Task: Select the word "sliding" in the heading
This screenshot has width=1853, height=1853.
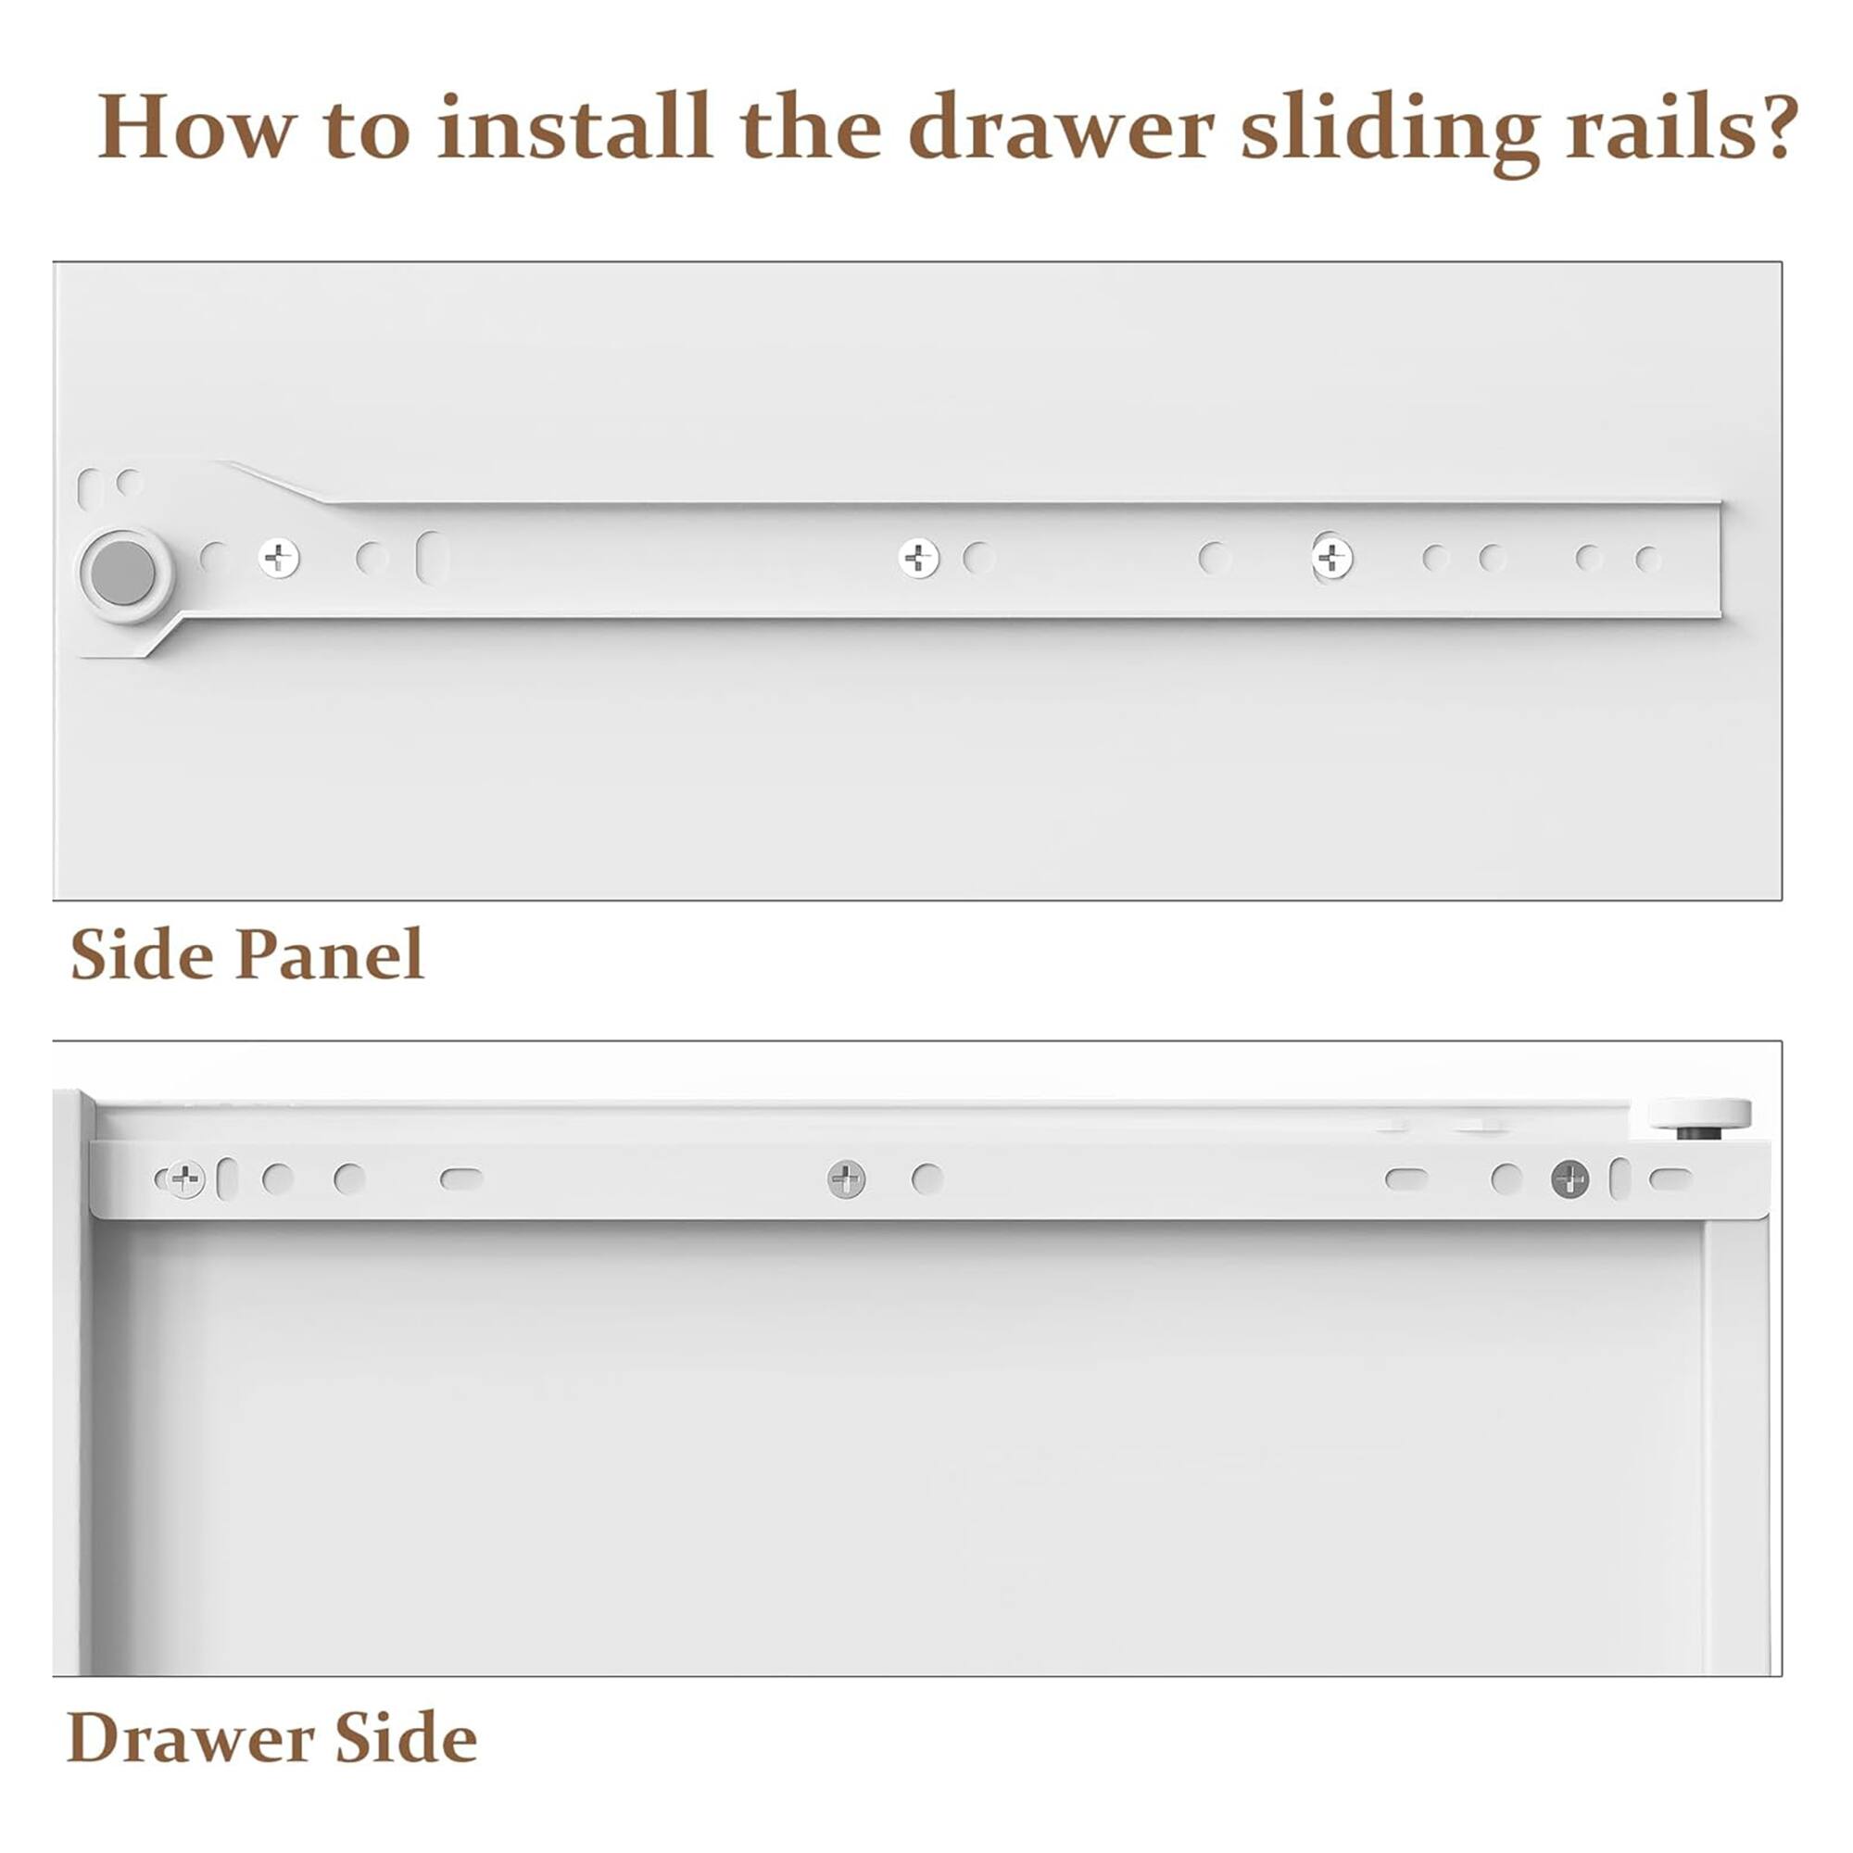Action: (1391, 132)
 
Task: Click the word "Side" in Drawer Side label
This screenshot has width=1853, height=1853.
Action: (407, 1738)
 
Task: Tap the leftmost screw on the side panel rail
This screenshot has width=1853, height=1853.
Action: (279, 557)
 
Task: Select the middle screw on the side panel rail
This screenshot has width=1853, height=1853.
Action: (919, 557)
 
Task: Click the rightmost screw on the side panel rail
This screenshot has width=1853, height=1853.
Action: (1332, 557)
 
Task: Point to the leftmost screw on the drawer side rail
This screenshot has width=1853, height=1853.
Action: (184, 1179)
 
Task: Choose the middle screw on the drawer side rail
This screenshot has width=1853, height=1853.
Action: (847, 1179)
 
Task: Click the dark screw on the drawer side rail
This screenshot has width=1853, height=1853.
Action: (1570, 1179)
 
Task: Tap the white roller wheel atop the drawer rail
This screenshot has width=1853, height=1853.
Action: (1699, 1114)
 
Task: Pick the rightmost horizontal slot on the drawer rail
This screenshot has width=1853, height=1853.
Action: (1670, 1178)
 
